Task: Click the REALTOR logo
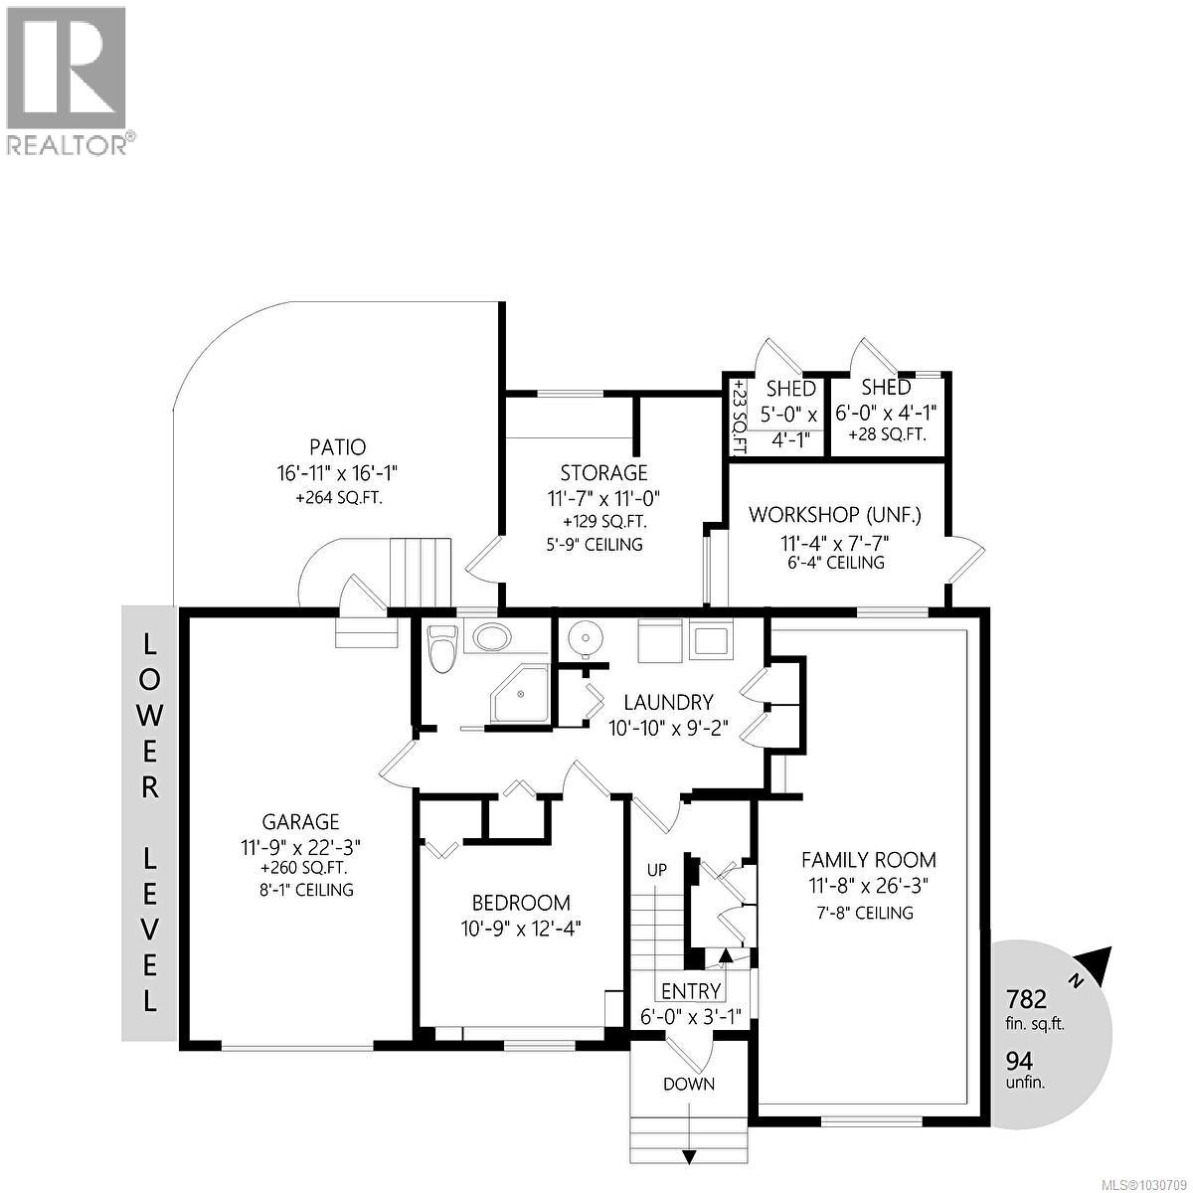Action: [x=66, y=80]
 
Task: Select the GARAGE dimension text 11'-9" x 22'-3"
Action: [x=300, y=847]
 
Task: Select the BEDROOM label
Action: [x=521, y=903]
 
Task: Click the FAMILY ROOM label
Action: [x=869, y=860]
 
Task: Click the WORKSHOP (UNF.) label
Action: [x=834, y=515]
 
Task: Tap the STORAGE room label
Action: [x=603, y=473]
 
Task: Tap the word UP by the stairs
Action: [x=656, y=870]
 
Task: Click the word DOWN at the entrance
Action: [x=689, y=1084]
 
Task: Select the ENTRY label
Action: [x=691, y=991]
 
